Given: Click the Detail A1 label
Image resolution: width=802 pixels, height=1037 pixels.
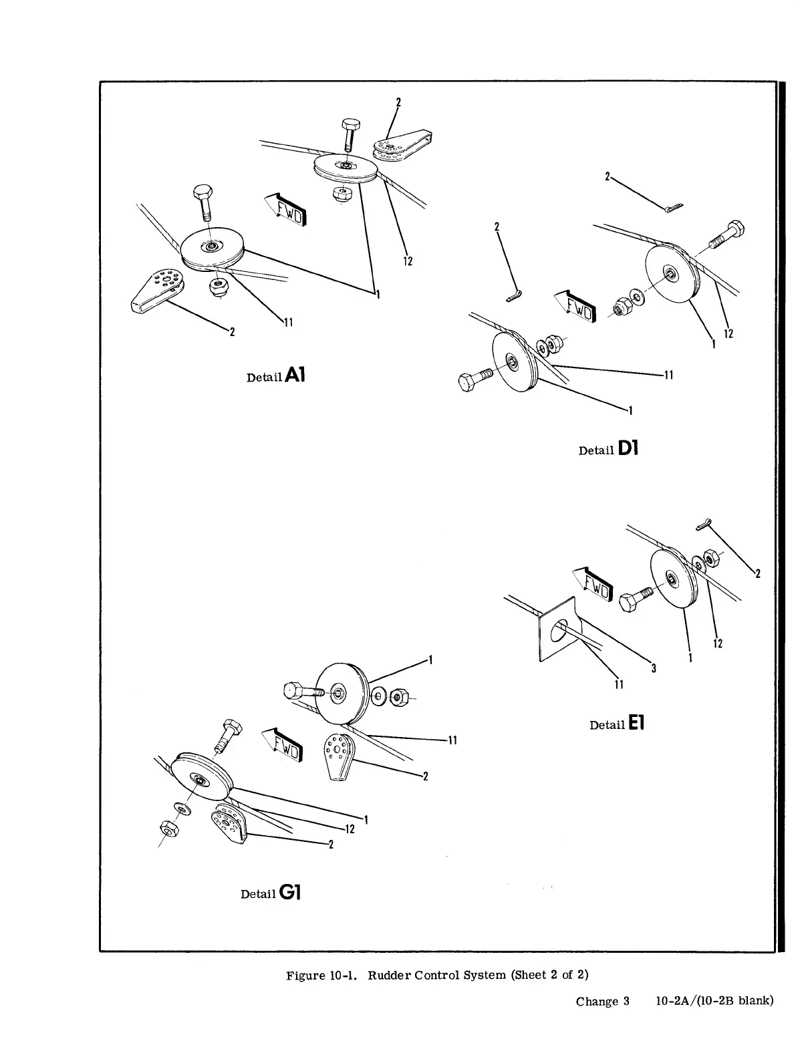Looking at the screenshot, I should point(275,376).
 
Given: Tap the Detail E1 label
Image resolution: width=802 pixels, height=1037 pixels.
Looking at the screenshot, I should point(616,724).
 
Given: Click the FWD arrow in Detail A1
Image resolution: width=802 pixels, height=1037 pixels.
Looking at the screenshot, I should point(285,208).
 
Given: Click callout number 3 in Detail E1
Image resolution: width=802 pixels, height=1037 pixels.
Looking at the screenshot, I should point(653,668).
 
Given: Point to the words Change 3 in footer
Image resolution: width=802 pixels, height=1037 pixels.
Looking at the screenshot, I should point(603,1001).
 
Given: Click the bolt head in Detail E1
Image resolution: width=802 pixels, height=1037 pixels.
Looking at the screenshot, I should point(629,602).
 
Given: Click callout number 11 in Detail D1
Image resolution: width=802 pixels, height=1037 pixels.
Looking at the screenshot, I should point(666,376).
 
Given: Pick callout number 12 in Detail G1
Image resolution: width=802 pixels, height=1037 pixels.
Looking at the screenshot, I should point(349,829).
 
